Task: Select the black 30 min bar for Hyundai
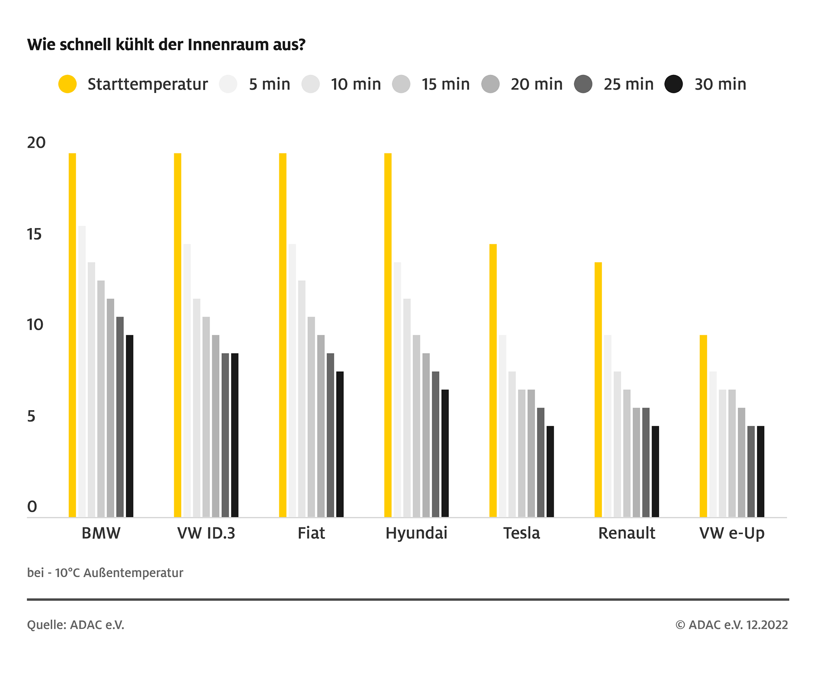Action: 445,453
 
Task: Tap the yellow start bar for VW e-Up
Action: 703,426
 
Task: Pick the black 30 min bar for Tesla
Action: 550,471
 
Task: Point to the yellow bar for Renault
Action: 598,389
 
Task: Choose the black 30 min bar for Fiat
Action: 340,444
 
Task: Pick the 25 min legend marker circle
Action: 583,84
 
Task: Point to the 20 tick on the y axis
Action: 36,143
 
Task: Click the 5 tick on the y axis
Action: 31,416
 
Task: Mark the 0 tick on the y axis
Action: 32,507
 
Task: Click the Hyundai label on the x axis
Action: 416,533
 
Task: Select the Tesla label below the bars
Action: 521,533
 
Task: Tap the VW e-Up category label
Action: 732,533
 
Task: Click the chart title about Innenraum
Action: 166,45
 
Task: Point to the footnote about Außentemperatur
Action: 105,573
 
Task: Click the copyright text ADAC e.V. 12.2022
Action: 732,625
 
